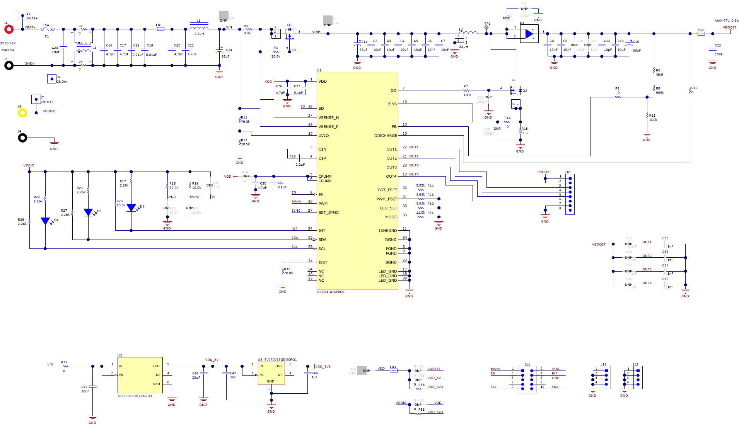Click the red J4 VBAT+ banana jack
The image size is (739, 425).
9,29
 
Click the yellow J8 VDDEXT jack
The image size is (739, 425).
22,113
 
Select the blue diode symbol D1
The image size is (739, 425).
529,34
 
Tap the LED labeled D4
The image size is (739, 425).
45,221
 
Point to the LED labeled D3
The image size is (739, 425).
88,212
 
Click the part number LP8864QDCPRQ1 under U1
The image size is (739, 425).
331,292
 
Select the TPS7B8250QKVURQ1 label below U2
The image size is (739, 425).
135,396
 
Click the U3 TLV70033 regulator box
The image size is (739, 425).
271,373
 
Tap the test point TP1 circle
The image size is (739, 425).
486,27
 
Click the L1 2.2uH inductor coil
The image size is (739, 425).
199,27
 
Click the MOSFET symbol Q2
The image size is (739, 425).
515,91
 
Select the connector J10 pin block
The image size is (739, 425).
570,194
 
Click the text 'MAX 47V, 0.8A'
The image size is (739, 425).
726,21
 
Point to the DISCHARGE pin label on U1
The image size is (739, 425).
386,136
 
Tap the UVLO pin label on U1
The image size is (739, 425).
324,136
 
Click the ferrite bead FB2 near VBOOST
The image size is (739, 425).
701,34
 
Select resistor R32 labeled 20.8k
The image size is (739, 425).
283,272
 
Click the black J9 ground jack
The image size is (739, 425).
22,138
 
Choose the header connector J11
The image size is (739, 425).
527,378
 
